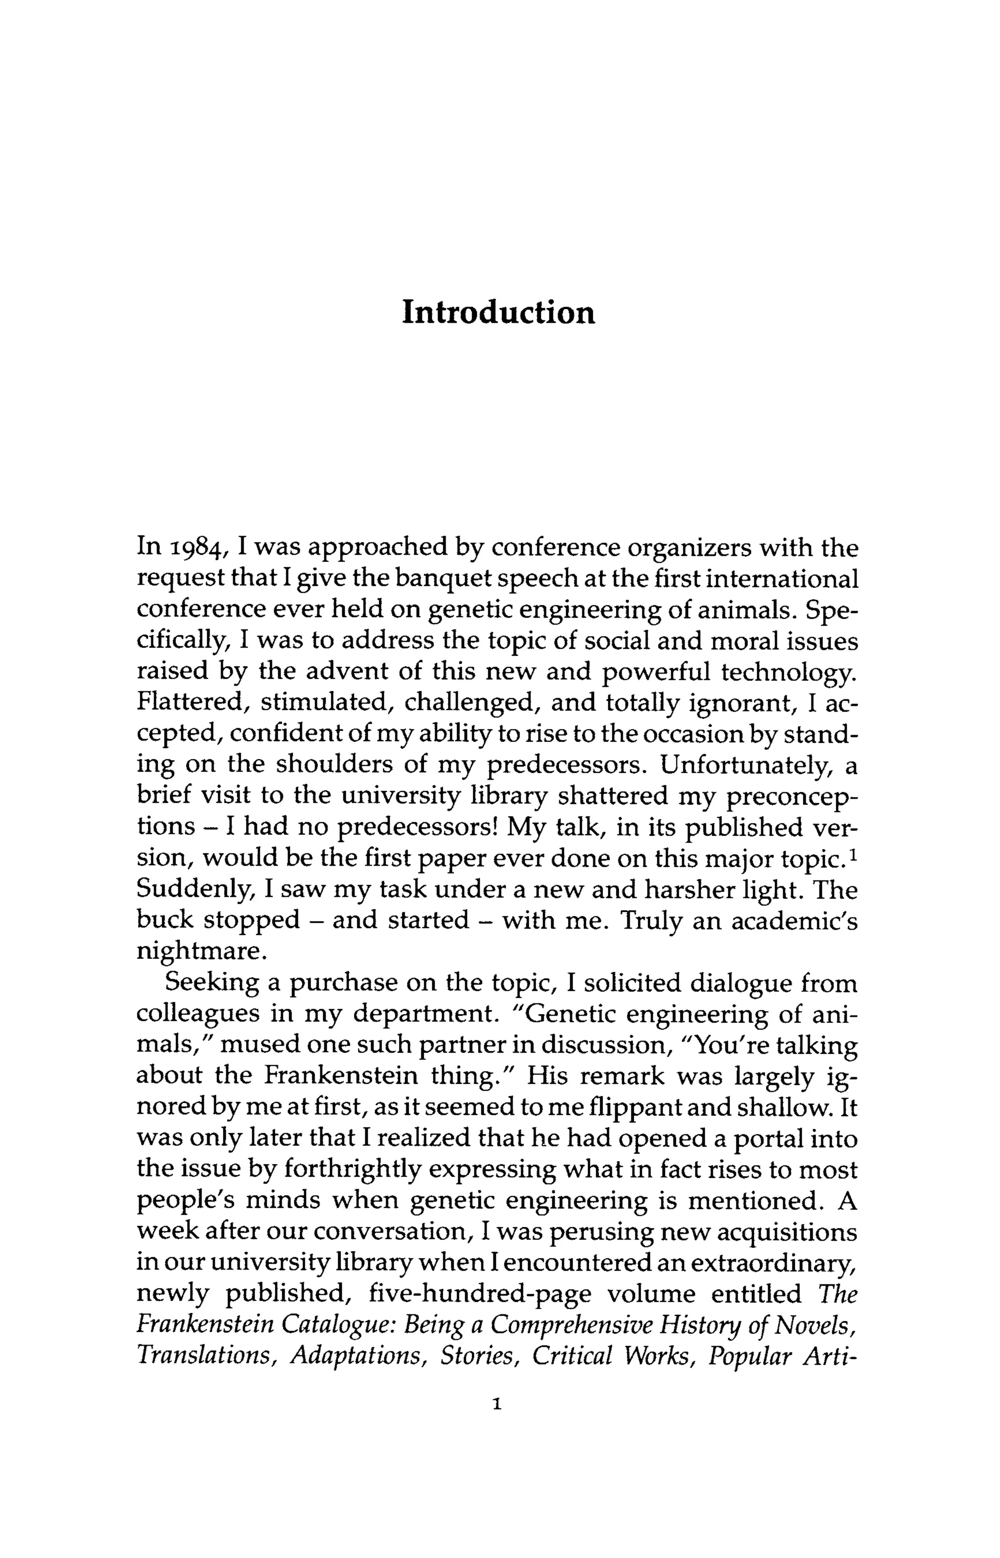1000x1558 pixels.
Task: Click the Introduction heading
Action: (498, 312)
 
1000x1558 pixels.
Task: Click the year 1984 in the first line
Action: (198, 548)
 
